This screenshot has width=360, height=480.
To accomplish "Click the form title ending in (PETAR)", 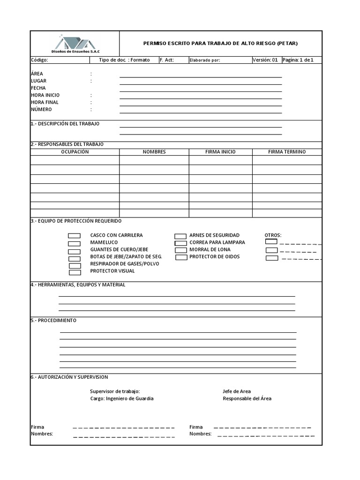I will click(220, 44).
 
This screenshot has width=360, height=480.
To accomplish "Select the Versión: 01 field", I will click(265, 60).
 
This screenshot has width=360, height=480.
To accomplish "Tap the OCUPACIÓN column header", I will click(75, 152).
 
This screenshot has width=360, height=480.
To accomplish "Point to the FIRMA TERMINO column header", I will click(287, 152).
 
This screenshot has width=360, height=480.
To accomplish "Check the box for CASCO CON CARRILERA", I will click(75, 236).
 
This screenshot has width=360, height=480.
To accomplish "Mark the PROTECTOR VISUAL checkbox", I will click(75, 272).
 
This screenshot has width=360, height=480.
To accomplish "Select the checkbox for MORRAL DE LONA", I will click(181, 250).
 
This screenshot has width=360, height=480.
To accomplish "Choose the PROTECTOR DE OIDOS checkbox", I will click(181, 257).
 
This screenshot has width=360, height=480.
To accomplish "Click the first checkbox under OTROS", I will click(271, 242).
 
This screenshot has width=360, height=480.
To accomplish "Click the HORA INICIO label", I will click(45, 95).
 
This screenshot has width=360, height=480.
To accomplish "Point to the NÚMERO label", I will click(41, 109).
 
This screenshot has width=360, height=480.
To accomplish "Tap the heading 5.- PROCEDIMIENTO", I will click(53, 321).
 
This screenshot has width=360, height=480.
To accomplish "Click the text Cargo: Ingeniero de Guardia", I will click(121, 398).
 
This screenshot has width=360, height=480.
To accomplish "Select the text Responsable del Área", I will click(247, 398).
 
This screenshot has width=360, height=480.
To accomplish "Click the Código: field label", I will click(39, 60).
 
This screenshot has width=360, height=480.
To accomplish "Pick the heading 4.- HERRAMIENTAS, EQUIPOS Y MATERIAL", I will click(78, 285).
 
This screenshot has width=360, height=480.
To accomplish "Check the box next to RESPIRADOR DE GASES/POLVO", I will click(75, 265).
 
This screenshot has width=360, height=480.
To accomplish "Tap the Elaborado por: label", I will click(204, 60).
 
